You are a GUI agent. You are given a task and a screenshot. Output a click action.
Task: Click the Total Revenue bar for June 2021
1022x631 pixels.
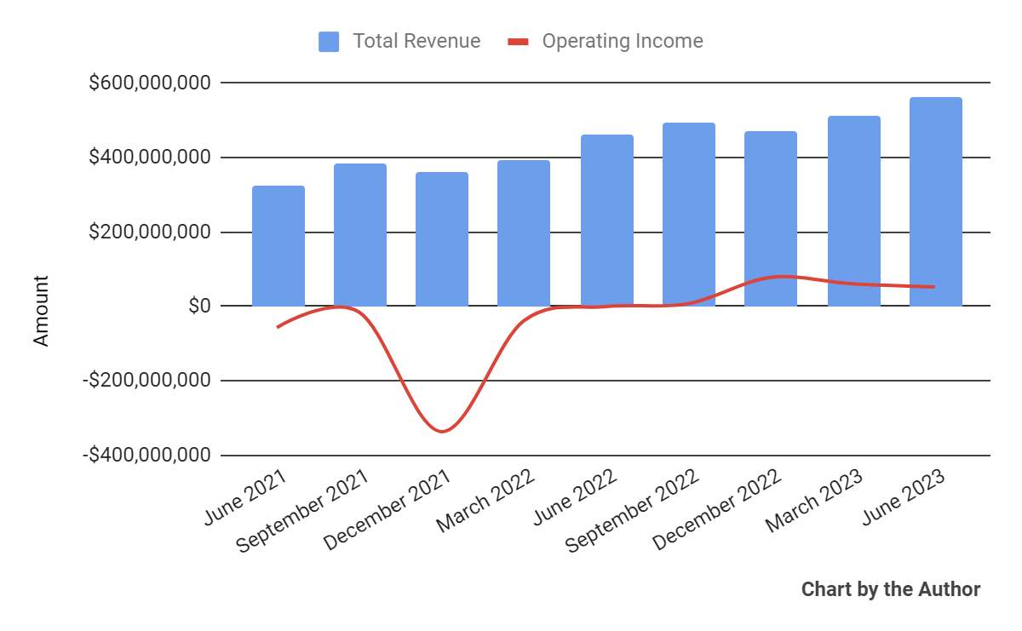[278, 246]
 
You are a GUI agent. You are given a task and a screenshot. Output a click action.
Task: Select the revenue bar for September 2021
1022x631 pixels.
[360, 234]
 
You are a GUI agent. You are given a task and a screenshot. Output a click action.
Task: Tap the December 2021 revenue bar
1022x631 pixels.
[442, 239]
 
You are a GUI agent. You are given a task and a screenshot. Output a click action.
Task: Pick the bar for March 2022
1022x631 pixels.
[524, 233]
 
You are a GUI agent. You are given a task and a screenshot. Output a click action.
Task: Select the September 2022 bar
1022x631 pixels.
[689, 214]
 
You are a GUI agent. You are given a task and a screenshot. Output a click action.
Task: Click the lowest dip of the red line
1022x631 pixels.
[442, 431]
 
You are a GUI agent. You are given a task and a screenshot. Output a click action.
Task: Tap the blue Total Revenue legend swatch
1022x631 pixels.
[329, 41]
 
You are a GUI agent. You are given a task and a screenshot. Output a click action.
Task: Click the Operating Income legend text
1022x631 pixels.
[623, 41]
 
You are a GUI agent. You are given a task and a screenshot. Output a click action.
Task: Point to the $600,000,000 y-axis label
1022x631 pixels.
[150, 83]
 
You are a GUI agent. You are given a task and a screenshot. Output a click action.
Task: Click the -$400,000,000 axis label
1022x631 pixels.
[146, 455]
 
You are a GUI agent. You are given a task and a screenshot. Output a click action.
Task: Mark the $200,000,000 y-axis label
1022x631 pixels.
[150, 232]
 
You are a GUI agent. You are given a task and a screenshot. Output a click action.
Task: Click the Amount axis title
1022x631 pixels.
[41, 310]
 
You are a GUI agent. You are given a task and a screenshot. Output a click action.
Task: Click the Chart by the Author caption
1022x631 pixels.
[891, 589]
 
